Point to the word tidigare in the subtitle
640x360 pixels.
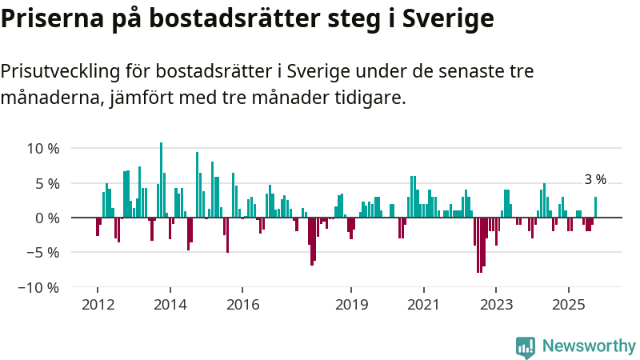[x=371, y=98]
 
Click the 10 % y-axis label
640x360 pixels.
[x=43, y=149]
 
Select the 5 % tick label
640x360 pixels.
[x=47, y=183]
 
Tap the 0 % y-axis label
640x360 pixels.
[x=47, y=218]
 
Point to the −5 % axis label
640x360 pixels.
[x=43, y=252]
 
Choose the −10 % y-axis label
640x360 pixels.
[x=39, y=286]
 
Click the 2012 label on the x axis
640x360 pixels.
[x=98, y=305]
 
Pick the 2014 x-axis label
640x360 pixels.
[x=170, y=305]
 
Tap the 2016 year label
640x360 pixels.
[x=243, y=305]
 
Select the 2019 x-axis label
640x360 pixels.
[x=351, y=305]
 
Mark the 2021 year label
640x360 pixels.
[x=423, y=305]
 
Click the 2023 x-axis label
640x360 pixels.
[x=496, y=305]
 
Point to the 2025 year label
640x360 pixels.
[x=569, y=305]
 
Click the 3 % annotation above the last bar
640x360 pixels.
[x=595, y=180]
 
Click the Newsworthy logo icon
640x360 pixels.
[x=526, y=346]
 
